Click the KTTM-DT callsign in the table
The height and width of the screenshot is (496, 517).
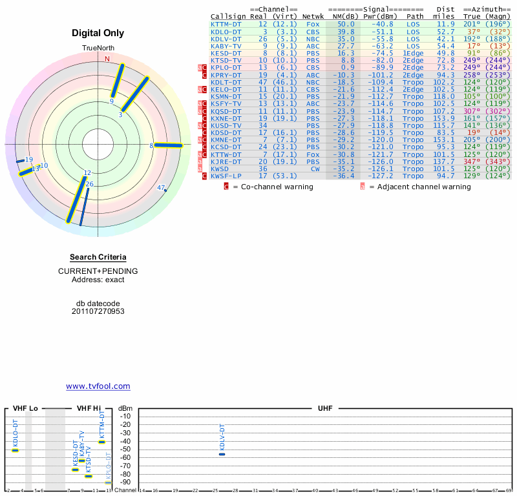pos(226,24)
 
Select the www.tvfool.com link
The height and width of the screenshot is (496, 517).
pos(98,386)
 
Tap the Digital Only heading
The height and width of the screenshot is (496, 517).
pos(98,33)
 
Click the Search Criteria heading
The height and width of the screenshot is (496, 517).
pos(98,258)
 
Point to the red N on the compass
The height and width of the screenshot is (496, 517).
pos(107,59)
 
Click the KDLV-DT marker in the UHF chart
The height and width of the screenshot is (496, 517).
pos(222,454)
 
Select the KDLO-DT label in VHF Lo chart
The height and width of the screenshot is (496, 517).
pos(16,433)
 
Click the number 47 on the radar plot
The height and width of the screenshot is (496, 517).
pos(161,188)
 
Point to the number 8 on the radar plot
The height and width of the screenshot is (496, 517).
pos(151,146)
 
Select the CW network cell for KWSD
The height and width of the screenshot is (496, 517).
pos(313,169)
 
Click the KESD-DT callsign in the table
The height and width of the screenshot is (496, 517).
pos(226,53)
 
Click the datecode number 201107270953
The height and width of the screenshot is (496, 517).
pos(98,311)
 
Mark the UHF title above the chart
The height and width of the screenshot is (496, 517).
pos(325,409)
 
